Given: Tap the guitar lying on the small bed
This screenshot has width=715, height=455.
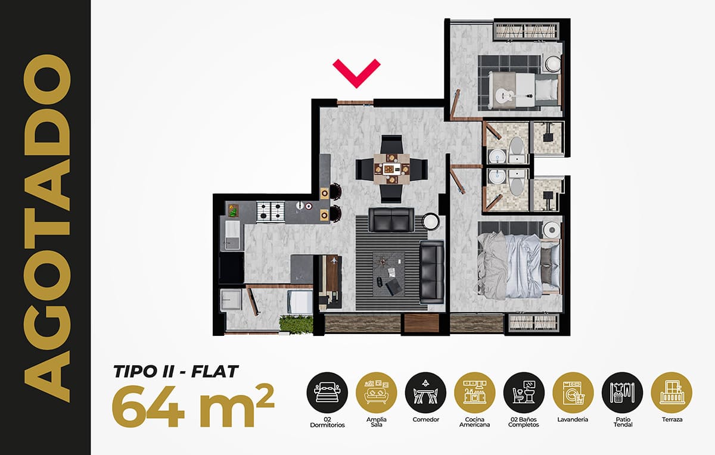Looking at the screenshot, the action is point(513,95).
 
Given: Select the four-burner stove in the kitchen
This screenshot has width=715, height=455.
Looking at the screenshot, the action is point(271,211).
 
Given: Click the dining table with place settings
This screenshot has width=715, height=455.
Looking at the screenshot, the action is point(392,169).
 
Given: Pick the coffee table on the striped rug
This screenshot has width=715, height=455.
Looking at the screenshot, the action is point(389,274).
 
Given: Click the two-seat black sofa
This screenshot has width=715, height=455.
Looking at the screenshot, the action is point(391,220).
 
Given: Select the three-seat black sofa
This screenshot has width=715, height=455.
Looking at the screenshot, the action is point(432,272).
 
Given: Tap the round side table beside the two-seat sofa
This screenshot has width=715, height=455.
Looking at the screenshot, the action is point(431,222).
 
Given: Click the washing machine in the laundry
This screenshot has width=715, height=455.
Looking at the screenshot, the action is point(299,302).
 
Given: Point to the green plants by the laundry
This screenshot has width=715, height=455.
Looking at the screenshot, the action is point(296,325).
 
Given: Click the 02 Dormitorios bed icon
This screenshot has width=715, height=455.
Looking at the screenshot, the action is point(327,392).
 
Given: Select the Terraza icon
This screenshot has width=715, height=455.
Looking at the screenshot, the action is point(672,392).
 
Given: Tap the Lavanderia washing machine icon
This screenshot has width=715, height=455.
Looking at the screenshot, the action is point(573,392).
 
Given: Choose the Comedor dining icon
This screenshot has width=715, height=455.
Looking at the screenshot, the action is point(425,392).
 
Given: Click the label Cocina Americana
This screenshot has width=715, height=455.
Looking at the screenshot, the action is point(475,422).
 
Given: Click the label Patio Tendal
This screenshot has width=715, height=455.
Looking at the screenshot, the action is point(623,422).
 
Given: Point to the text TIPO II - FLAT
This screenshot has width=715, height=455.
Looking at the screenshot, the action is point(176,372).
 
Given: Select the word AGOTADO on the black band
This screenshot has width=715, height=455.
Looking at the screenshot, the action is point(47,228).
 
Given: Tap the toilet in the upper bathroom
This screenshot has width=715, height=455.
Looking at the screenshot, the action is point(517,150).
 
